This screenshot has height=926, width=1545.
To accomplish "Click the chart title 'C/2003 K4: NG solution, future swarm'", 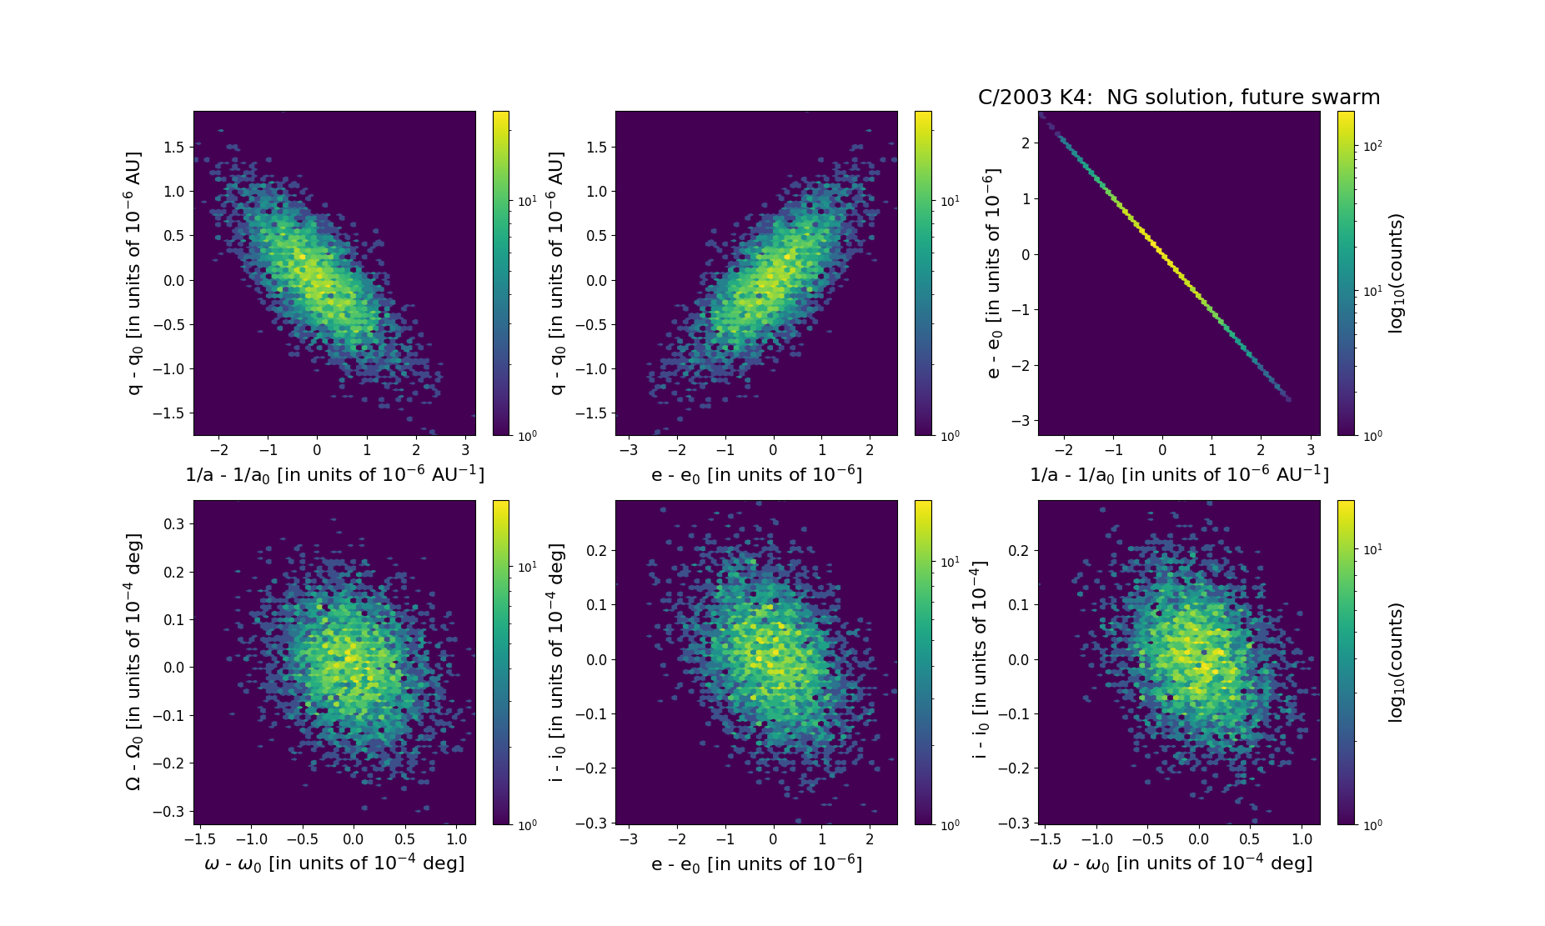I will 1178,98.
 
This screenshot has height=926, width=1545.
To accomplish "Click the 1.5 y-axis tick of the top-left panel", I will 173,148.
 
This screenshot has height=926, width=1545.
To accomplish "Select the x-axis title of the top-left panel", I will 334,474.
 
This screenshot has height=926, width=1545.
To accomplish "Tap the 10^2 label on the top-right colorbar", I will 1372,146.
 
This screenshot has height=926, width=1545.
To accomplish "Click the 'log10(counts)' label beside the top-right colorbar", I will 1396,273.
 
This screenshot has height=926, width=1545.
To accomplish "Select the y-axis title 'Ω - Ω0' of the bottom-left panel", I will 133,662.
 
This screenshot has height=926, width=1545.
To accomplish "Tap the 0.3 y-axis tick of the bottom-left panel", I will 173,524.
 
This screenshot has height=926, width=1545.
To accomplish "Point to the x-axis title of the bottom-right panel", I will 1181,863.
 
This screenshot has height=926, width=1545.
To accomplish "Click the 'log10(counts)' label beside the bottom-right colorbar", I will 1396,662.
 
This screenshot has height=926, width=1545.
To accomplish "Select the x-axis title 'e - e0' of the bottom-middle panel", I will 756,863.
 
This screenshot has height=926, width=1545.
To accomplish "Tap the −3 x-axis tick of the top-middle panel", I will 629,450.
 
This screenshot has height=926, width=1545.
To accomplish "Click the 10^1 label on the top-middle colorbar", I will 950,201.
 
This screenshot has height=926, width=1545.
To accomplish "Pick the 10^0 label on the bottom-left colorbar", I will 527,825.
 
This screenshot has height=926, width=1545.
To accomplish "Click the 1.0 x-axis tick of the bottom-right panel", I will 1302,839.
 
